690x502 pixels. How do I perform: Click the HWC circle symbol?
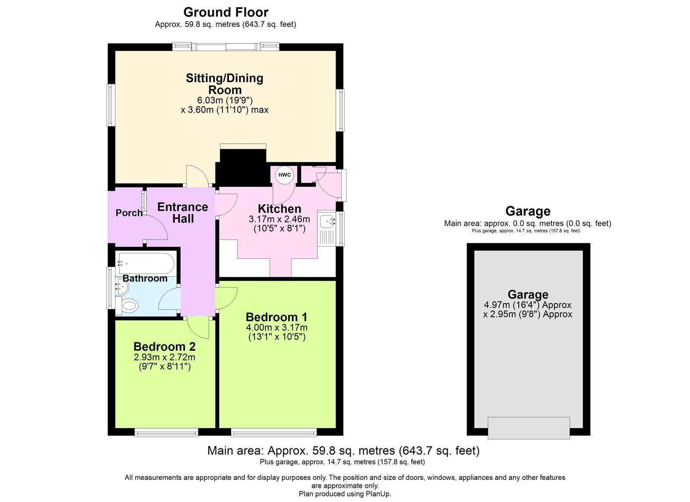[x=284, y=175]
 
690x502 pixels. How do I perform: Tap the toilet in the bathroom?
[x=129, y=306]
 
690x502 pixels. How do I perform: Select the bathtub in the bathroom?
[x=146, y=262]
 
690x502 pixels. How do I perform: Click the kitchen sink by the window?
[x=326, y=222]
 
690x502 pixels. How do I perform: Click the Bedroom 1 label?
[x=276, y=317]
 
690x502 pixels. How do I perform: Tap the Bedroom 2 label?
[x=164, y=347]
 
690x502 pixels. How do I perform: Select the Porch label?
[x=129, y=213]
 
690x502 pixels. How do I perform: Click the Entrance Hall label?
[x=182, y=213]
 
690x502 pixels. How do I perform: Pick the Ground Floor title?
[x=226, y=12]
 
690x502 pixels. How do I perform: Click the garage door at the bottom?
[x=528, y=427]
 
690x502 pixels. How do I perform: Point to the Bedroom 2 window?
[x=166, y=432]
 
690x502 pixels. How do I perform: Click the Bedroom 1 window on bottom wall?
[x=274, y=432]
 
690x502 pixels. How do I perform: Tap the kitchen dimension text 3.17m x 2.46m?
[x=279, y=219]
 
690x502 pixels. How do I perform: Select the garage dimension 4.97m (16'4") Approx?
[x=527, y=305]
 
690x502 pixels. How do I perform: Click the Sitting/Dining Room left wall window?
[x=111, y=105]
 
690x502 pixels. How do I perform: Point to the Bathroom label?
[x=145, y=278]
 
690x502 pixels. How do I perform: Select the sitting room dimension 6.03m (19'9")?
[x=225, y=100]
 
